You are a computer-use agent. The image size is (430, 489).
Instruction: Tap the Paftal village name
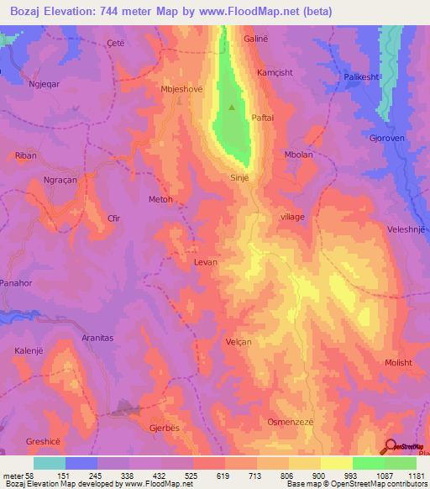(x=262, y=118)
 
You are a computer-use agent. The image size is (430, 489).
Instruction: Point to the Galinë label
(x=255, y=39)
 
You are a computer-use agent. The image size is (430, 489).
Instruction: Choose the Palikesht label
(x=363, y=77)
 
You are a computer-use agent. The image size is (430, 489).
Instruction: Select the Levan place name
(x=206, y=262)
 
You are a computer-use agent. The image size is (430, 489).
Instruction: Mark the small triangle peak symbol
(x=233, y=107)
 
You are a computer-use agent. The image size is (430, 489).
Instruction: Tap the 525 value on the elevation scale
(x=193, y=476)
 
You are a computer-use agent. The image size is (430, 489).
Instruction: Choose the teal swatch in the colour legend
(x=50, y=463)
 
